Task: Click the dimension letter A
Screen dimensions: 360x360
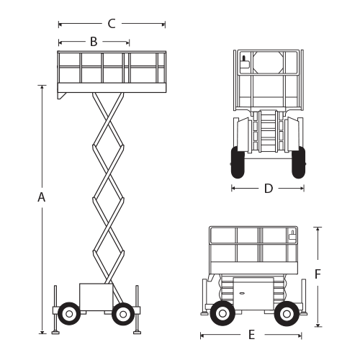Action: (x=42, y=197)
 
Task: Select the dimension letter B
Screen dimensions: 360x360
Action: (x=94, y=42)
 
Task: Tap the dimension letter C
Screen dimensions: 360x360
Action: (x=112, y=24)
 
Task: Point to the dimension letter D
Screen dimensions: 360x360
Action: (x=269, y=189)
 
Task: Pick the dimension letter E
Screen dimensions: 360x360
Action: (x=251, y=335)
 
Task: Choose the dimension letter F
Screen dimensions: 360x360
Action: (x=318, y=274)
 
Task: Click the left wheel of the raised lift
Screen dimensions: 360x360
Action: (x=69, y=314)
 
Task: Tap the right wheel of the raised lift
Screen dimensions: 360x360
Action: (x=123, y=314)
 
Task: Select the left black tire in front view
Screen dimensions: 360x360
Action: (x=238, y=163)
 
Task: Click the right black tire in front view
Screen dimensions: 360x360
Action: (x=298, y=163)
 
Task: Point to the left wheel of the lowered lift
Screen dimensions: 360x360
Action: (x=222, y=313)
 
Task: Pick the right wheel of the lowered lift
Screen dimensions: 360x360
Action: (x=287, y=313)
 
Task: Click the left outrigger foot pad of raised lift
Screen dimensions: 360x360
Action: (x=55, y=333)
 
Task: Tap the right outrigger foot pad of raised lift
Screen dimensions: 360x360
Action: (x=138, y=333)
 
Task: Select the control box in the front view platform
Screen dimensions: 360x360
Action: (x=245, y=63)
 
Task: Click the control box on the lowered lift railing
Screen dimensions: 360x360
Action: (x=292, y=235)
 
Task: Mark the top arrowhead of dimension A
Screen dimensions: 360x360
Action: (x=42, y=87)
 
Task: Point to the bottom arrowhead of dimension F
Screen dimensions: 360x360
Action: (x=318, y=325)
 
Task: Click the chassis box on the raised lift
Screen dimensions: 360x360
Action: (x=96, y=297)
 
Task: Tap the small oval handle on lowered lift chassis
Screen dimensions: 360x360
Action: (x=242, y=293)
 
